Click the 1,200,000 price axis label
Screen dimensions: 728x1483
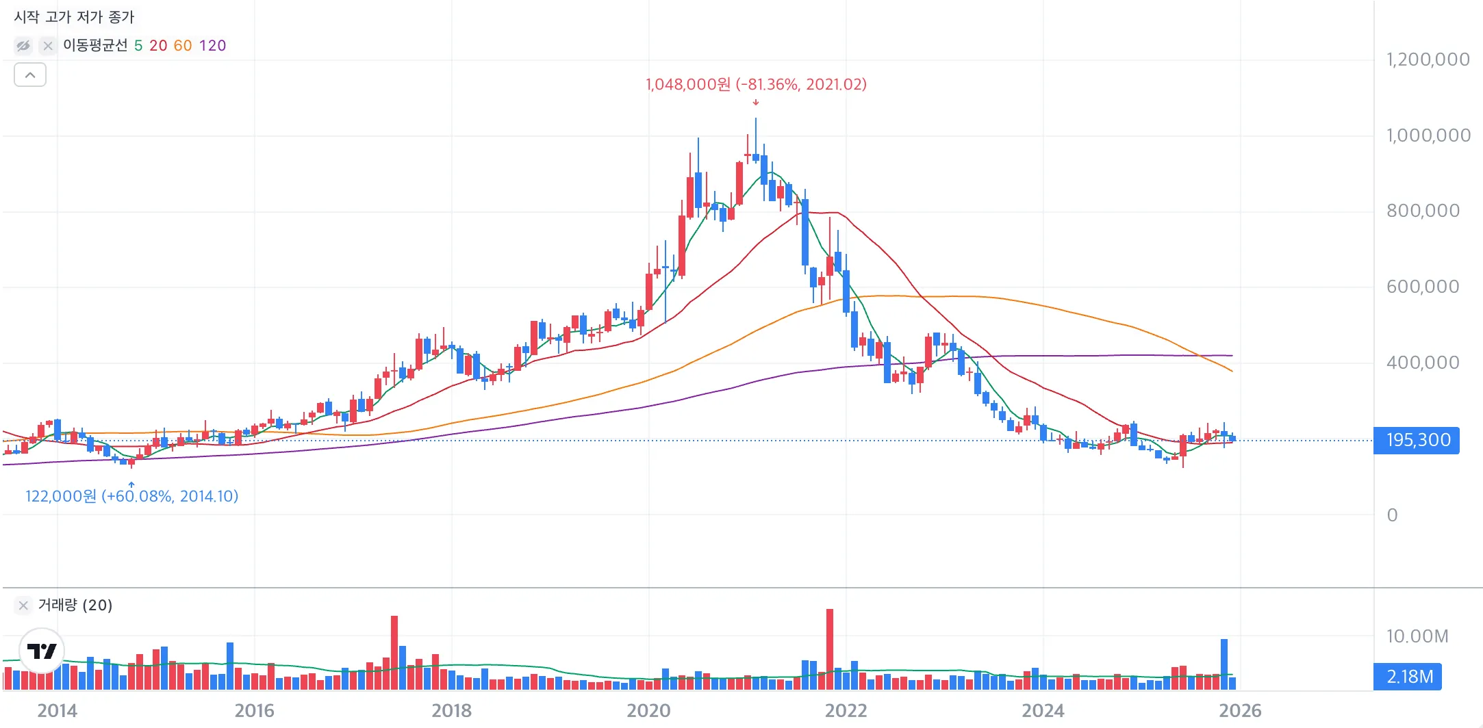[1428, 60]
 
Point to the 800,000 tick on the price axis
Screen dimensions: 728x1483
[1423, 211]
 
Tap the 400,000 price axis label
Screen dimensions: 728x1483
[1423, 363]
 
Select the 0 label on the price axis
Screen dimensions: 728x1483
[1392, 515]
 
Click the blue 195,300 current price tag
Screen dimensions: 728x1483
[1417, 440]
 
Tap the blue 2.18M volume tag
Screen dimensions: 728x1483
[1409, 677]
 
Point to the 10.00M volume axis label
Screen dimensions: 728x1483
[1417, 636]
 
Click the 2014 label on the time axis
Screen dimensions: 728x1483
[58, 711]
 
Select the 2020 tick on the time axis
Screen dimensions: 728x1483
[648, 711]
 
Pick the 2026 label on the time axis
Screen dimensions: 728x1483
[1240, 711]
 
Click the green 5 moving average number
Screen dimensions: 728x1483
[138, 46]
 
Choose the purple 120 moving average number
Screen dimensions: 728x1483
[212, 46]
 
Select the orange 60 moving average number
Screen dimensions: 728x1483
[183, 46]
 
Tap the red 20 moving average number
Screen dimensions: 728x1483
[158, 46]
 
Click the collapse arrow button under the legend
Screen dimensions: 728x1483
[30, 75]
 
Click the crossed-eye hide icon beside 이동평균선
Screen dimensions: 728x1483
[23, 46]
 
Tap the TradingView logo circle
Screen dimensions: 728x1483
[42, 651]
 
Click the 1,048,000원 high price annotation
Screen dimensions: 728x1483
[756, 84]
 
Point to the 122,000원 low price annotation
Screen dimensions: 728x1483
[131, 496]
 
